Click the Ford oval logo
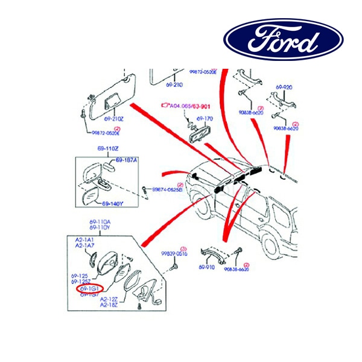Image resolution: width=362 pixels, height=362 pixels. coord(284,40)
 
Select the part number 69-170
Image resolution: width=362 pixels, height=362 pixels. coord(206,119)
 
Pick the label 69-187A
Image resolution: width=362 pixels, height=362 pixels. coord(127,160)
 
